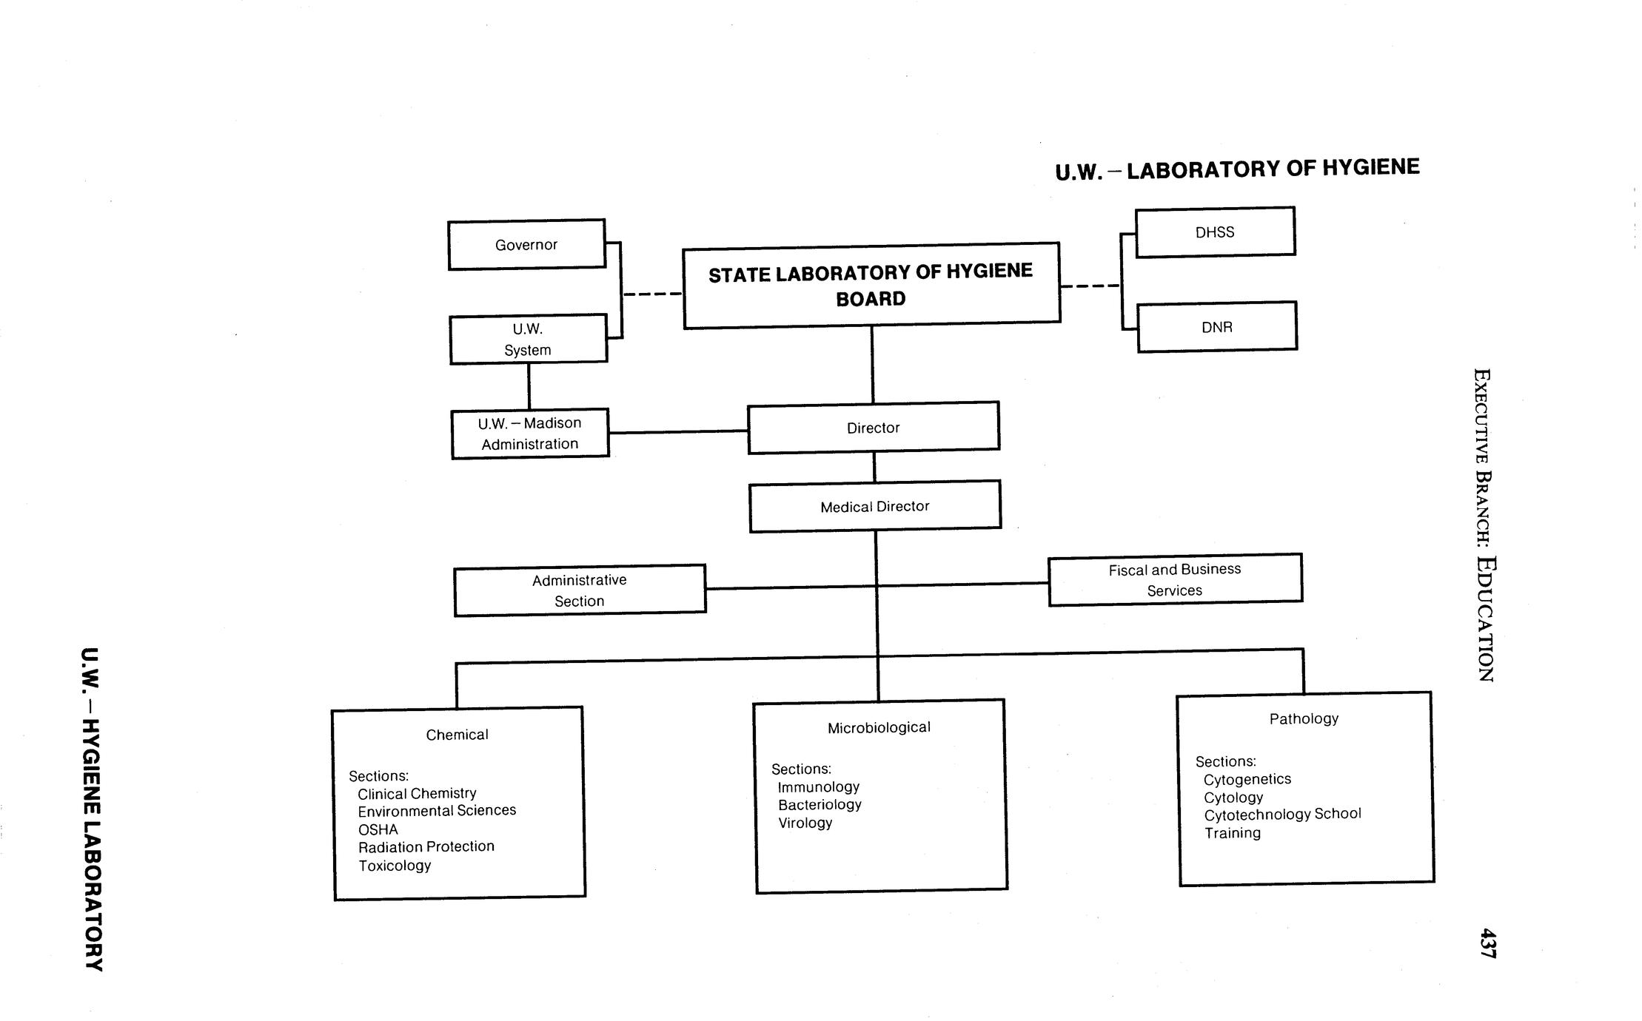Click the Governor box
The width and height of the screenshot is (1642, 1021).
526,245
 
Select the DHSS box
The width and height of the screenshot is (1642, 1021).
1215,232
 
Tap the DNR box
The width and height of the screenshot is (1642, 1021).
1216,327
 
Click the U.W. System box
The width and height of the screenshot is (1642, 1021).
528,340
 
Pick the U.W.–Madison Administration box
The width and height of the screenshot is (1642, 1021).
530,434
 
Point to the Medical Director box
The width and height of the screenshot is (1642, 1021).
874,507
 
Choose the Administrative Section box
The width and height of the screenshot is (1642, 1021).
579,590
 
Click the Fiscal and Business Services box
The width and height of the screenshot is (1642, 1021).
1175,580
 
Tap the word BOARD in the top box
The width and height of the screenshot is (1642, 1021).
871,299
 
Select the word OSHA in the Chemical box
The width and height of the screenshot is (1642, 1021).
378,829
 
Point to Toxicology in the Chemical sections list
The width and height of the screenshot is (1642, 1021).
395,866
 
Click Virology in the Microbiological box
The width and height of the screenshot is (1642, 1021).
805,823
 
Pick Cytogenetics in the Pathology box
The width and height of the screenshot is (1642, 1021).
1247,779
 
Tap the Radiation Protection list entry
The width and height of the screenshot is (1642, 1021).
426,846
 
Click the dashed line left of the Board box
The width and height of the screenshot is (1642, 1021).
651,294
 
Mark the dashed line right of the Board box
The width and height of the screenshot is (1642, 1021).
1090,286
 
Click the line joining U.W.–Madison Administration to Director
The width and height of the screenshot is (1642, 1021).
677,432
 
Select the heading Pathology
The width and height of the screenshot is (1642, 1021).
1304,718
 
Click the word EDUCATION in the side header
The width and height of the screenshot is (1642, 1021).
1485,618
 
